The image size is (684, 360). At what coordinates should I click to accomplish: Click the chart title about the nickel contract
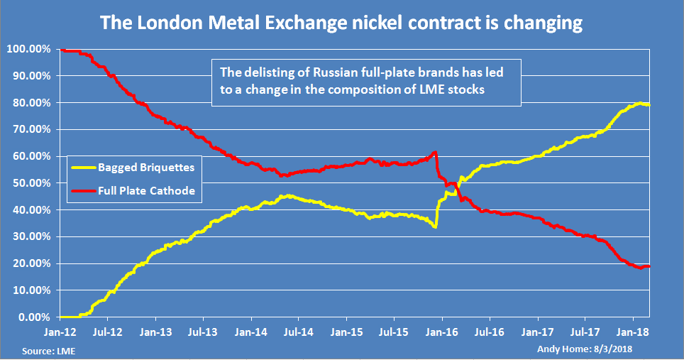pyautogui.click(x=341, y=23)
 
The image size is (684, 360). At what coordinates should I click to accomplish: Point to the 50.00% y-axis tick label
pyautogui.click(x=29, y=183)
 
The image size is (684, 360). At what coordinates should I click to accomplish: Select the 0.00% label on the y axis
pyautogui.click(x=31, y=317)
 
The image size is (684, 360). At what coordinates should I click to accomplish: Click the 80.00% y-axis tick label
pyautogui.click(x=29, y=103)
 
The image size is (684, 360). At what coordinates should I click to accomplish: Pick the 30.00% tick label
pyautogui.click(x=29, y=236)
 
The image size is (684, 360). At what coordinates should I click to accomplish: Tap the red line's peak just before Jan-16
pyautogui.click(x=434, y=152)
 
